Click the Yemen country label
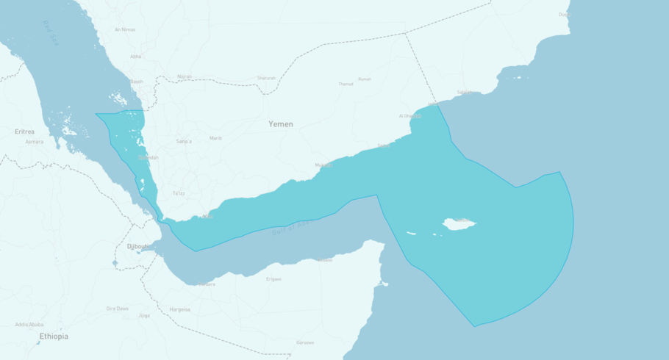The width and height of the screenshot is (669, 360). point(280,124)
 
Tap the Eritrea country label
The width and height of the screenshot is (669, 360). point(24,132)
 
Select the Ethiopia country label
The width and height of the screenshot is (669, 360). point(54,336)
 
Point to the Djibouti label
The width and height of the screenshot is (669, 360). point(137,247)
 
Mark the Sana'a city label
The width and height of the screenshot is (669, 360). point(184,141)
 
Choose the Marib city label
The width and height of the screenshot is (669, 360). point(215,138)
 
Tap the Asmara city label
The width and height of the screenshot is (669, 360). point(34,141)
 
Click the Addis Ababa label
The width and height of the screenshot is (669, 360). point(29,324)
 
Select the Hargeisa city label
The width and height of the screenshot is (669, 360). point(179,309)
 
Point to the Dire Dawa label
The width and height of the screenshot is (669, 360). point(118,309)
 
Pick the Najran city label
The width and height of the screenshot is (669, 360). point(184,76)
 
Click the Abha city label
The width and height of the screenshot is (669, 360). point(135,57)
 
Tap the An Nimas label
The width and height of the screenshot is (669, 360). point(125,29)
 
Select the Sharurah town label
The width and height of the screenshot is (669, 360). point(266,78)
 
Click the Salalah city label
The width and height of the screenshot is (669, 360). point(465,93)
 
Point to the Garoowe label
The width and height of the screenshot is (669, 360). point(305,342)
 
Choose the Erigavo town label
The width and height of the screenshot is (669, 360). point(273,279)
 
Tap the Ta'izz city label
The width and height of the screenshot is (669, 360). point(179,192)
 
